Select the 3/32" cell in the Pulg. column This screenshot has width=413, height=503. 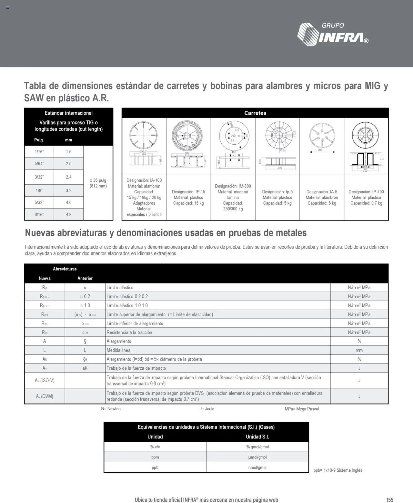[39, 177]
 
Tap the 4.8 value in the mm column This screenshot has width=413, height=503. [68, 214]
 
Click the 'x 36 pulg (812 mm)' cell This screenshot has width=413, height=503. [98, 183]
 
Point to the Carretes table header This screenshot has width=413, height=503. [255, 113]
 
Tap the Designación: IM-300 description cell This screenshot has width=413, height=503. [233, 197]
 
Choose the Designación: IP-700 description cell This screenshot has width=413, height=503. [366, 197]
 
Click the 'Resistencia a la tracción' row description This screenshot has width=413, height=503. [129, 332]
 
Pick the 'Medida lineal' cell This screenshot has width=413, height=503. [119, 350]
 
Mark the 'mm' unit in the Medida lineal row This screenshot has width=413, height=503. [359, 350]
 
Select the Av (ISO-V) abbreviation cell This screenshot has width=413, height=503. [45, 380]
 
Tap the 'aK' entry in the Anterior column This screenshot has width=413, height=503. [85, 368]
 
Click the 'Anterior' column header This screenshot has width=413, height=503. [85, 278]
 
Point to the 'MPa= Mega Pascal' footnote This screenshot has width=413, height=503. [302, 409]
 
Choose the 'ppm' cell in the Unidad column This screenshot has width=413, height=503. [155, 457]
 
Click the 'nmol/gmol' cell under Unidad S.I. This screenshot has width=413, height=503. [257, 467]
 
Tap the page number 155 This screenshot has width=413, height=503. [390, 500]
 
